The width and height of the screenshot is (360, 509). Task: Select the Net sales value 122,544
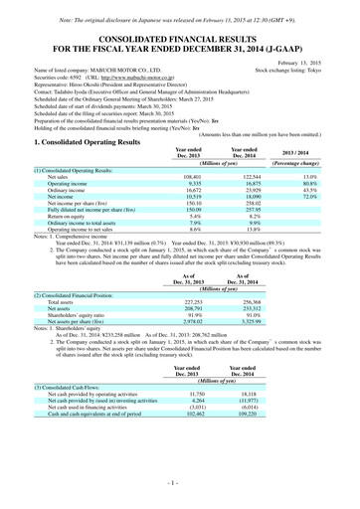(257, 175)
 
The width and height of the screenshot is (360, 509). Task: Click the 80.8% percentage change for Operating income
(318, 183)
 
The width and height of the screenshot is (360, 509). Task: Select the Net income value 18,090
(258, 199)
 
